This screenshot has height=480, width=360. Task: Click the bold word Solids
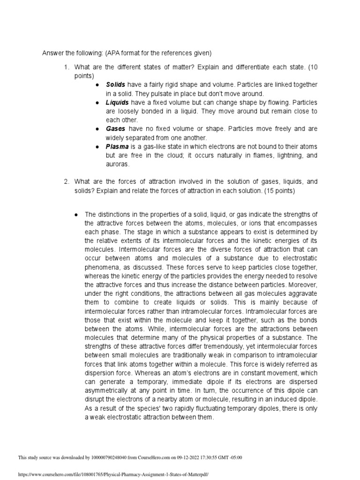pos(115,84)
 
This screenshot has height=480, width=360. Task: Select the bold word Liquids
pos(117,102)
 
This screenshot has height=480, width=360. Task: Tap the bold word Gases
pos(115,129)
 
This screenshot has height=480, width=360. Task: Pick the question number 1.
pos(67,67)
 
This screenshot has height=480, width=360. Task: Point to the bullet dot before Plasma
pos(97,147)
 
